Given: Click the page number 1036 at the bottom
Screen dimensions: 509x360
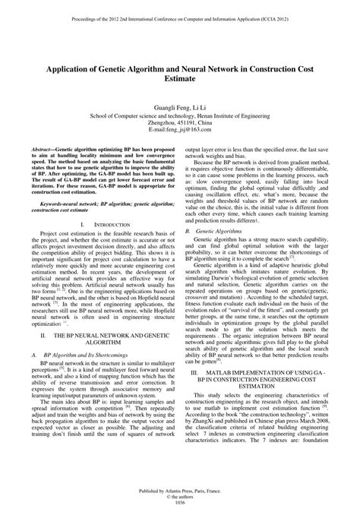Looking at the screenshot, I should [x=180, y=501].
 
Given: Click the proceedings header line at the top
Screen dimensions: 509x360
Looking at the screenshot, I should [x=180, y=13].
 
